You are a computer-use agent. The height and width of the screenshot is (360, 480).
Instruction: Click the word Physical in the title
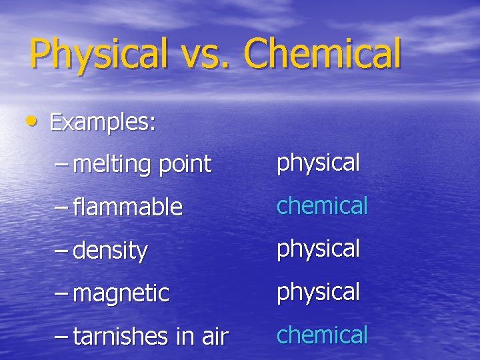click(99, 55)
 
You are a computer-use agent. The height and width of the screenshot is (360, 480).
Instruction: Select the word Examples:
click(103, 122)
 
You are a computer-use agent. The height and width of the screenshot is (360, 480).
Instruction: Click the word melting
click(111, 164)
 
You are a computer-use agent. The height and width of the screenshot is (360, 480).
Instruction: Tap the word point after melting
click(184, 164)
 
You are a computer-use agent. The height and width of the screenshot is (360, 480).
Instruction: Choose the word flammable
click(127, 207)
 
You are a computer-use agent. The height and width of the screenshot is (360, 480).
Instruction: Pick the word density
click(110, 251)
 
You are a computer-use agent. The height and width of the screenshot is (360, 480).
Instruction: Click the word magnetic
click(121, 293)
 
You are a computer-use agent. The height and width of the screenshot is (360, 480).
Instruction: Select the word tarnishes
click(121, 337)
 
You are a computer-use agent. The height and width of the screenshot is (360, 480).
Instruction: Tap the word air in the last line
click(212, 337)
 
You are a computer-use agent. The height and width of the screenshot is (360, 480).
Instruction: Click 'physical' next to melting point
click(318, 163)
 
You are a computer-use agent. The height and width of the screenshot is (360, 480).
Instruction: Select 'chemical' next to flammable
click(322, 205)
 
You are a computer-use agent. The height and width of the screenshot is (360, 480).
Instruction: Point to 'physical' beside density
click(318, 249)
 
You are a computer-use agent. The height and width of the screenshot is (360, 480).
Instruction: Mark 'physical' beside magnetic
click(318, 292)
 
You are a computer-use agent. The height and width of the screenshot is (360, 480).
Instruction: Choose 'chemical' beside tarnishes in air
click(322, 334)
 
